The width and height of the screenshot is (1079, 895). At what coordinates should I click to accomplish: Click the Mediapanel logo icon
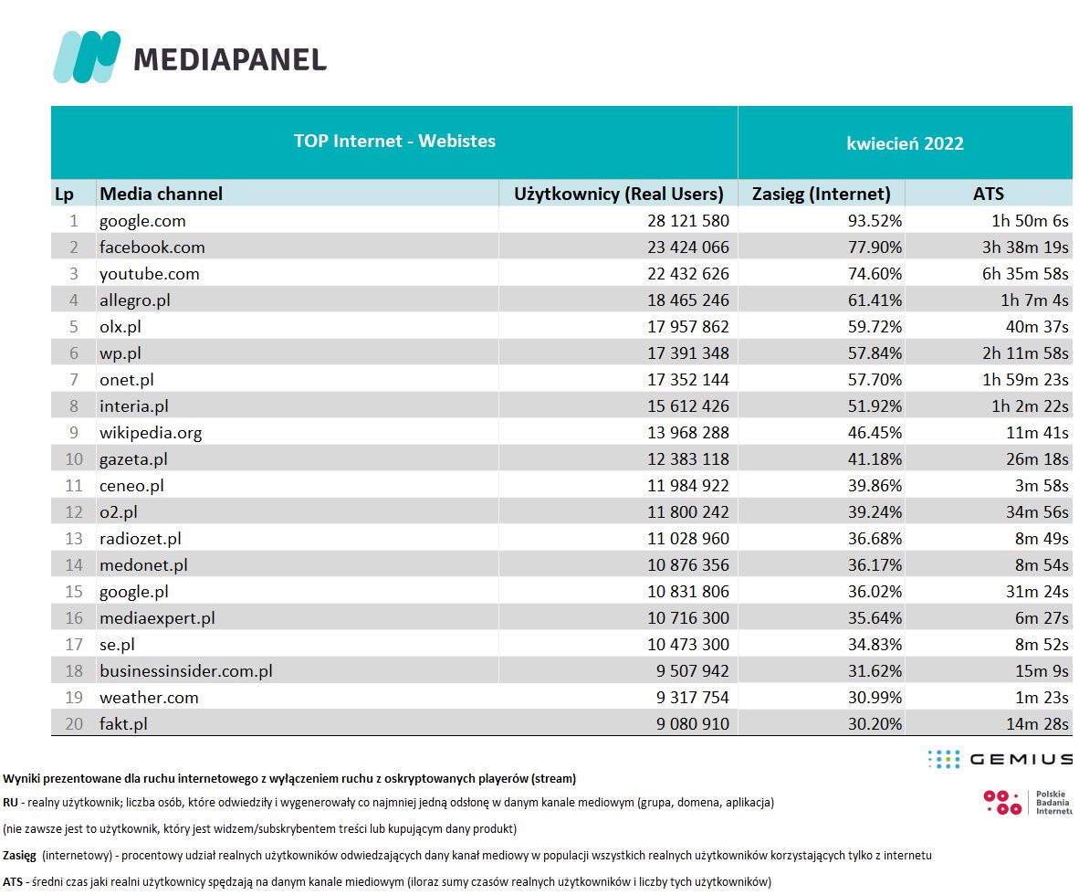(88, 57)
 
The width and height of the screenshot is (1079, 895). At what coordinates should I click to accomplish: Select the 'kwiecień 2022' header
(905, 143)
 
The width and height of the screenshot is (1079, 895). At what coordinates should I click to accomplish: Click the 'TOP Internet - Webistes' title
(394, 141)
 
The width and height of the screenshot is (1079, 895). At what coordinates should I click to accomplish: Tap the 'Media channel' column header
(161, 194)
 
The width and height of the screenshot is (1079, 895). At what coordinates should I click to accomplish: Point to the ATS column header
(989, 194)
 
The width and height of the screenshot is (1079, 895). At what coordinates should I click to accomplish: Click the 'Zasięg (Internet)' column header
(821, 194)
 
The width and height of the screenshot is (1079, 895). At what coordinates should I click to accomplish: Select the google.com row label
(142, 220)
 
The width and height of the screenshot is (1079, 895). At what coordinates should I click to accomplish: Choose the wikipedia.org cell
(151, 432)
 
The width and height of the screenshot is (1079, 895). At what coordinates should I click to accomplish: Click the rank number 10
(74, 458)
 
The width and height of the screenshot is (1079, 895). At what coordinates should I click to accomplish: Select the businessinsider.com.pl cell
(186, 670)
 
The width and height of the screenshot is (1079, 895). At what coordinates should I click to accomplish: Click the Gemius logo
(1000, 759)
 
